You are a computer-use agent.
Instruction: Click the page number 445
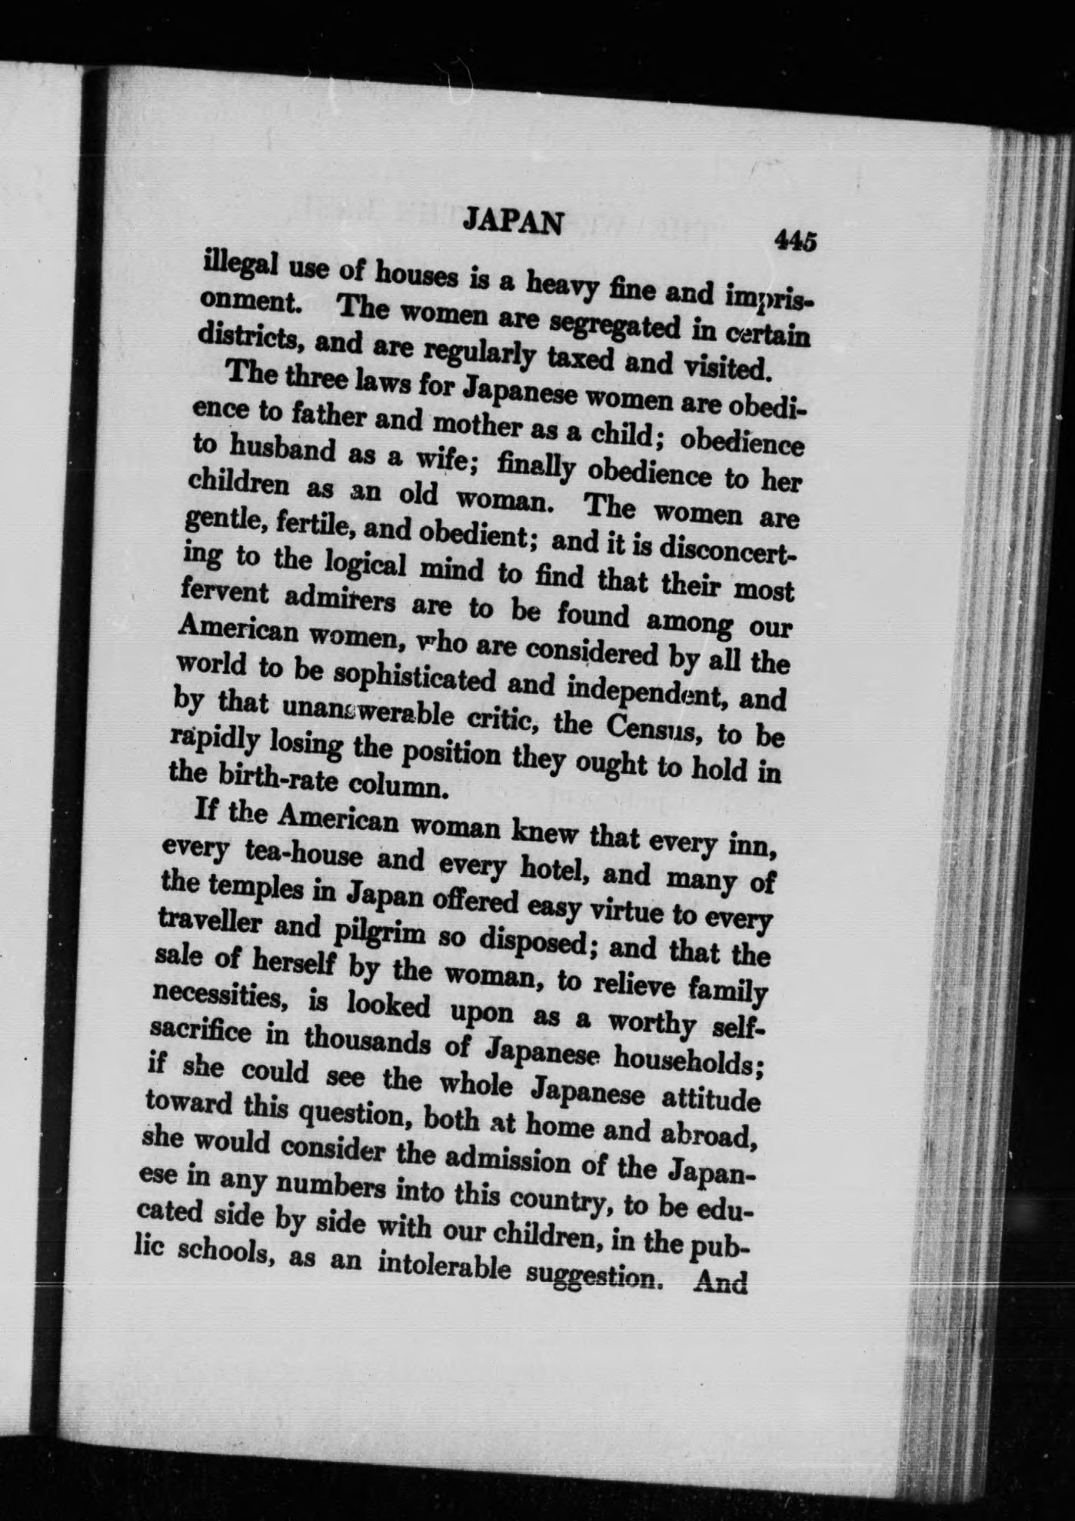click(794, 240)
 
